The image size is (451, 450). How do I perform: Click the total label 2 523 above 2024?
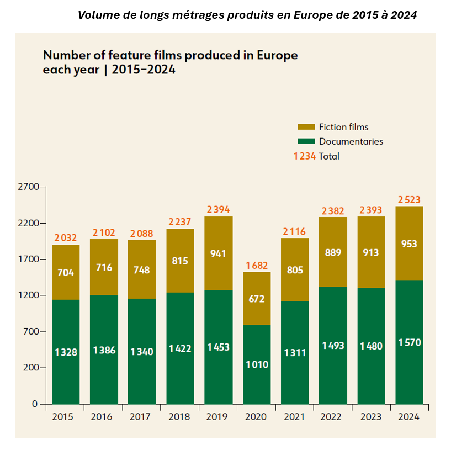409,199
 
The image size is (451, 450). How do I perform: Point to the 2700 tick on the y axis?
28,187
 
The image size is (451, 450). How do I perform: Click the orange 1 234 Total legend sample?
304,156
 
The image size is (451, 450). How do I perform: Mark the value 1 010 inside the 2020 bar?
257,365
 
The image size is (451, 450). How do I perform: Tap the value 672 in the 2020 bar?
257,299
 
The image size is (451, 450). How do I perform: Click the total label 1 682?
257,266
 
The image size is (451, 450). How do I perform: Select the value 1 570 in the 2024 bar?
409,342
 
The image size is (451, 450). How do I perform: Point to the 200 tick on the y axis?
31,368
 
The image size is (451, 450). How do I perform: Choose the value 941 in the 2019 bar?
219,255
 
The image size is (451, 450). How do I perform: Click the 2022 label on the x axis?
333,417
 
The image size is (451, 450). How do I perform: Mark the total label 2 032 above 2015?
66,238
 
